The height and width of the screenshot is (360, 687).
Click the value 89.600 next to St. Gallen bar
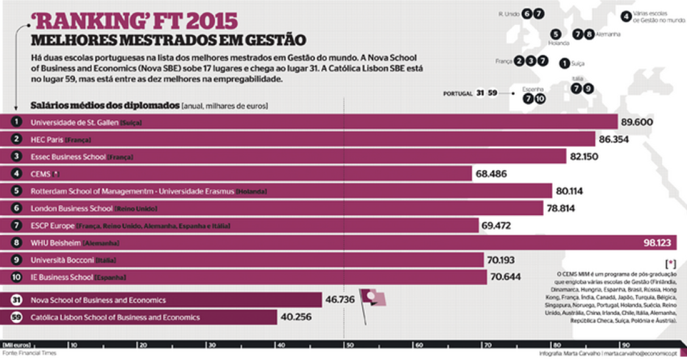(x=636, y=122)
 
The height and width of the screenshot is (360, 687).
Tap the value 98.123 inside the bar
(x=657, y=243)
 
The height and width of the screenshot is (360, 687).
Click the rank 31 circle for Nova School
(x=17, y=300)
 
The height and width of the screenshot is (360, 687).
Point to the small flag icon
(x=372, y=298)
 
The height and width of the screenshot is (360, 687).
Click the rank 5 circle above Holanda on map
(x=555, y=35)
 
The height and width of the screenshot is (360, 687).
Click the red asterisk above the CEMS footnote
(x=671, y=264)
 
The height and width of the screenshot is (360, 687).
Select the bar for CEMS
(x=244, y=174)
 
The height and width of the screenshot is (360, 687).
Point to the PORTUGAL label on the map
(x=458, y=93)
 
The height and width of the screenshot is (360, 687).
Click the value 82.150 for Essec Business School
(x=583, y=157)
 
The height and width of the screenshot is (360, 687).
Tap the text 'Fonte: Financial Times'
(x=29, y=353)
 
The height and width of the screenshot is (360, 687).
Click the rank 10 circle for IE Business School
(x=17, y=277)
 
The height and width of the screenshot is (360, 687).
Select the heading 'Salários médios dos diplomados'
(x=105, y=105)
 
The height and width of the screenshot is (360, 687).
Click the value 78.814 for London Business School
(x=561, y=208)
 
